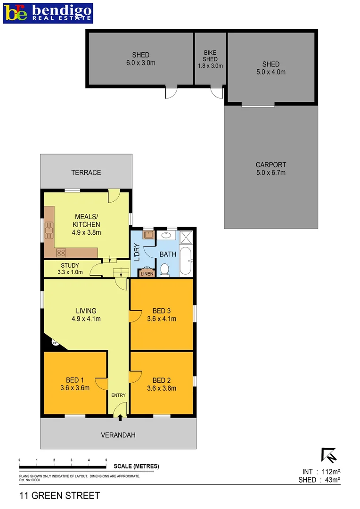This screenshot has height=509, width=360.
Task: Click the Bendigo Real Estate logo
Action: click(48, 13)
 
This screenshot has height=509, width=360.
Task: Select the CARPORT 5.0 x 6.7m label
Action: click(270, 169)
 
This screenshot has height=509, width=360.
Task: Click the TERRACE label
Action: click(86, 172)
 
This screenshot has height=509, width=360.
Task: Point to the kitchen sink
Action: click(49, 230)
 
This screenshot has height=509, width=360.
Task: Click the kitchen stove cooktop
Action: click(61, 253)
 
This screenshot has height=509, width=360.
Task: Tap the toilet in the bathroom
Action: click(164, 269)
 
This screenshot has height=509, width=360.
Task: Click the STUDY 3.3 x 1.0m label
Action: click(70, 269)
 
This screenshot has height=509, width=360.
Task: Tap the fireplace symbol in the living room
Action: click(55, 343)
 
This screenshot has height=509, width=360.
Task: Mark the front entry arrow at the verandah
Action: click(120, 417)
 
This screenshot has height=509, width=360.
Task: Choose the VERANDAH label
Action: click(118, 435)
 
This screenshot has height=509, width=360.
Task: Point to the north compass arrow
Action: click(328, 455)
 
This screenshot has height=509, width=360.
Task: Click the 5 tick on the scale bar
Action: click(106, 460)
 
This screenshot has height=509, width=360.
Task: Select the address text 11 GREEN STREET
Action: click(60, 495)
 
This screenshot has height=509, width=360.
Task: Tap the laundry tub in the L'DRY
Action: click(148, 235)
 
